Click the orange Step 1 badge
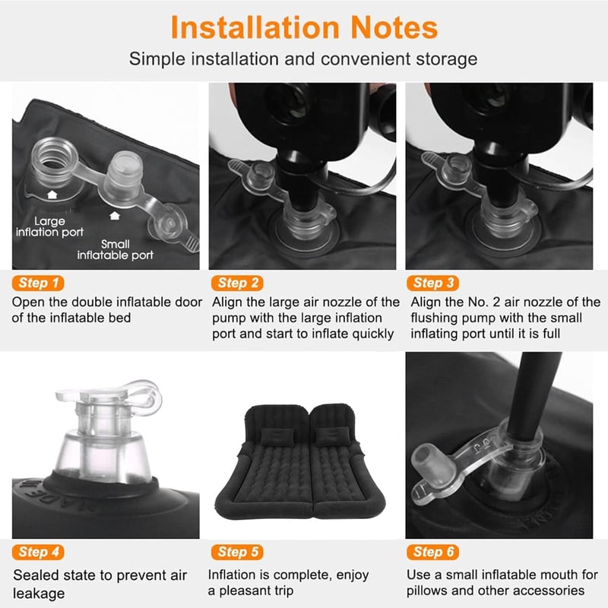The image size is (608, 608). tap(38, 283)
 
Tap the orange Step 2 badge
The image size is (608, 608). tap(237, 283)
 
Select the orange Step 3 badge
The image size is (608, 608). tap(432, 283)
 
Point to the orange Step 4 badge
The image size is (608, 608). tap(38, 553)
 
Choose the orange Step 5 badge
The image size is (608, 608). tap(237, 553)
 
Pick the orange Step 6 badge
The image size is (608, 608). tap(432, 553)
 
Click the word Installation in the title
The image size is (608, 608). tap(255, 28)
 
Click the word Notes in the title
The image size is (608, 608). tap(394, 28)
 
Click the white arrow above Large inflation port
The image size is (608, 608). tap(52, 195)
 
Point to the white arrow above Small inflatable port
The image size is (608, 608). tap(115, 216)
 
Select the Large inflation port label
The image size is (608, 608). tap(49, 226)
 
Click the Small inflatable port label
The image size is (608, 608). tap(116, 250)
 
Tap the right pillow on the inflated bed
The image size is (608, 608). tap(333, 436)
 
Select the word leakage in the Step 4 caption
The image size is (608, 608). tap(39, 594)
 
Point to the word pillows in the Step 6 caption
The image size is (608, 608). tap(426, 591)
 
